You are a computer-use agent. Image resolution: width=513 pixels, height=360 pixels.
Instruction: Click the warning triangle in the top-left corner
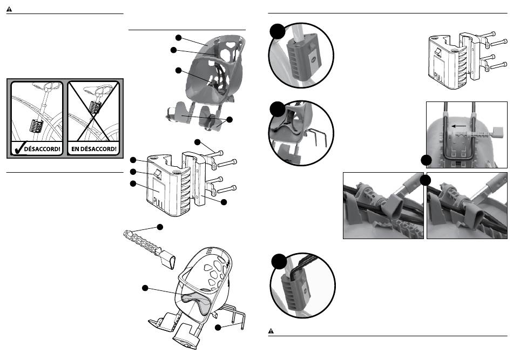[9, 9]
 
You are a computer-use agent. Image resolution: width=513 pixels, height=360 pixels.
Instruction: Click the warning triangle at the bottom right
[271, 331]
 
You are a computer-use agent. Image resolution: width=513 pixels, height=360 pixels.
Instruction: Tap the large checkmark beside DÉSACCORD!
[18, 148]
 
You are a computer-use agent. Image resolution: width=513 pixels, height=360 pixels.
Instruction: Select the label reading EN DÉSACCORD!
[93, 149]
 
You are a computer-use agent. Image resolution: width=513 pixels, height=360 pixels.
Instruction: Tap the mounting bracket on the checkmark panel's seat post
[36, 126]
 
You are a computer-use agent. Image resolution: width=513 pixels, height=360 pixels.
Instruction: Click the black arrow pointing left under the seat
[458, 126]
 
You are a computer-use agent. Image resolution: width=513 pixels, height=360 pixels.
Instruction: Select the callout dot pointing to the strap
[160, 227]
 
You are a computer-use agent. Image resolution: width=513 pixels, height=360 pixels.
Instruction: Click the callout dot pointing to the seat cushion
[145, 288]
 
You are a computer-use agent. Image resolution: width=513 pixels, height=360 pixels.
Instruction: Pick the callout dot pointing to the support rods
[218, 327]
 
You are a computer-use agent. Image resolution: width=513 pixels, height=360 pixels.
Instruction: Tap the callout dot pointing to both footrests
[230, 120]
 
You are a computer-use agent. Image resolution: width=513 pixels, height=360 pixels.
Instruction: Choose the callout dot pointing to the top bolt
[197, 142]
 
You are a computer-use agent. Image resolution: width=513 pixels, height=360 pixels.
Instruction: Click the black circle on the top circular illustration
[278, 31]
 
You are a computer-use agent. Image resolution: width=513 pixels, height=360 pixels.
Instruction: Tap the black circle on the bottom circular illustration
[279, 261]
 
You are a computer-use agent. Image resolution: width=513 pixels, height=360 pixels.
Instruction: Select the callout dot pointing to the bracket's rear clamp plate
[224, 202]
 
